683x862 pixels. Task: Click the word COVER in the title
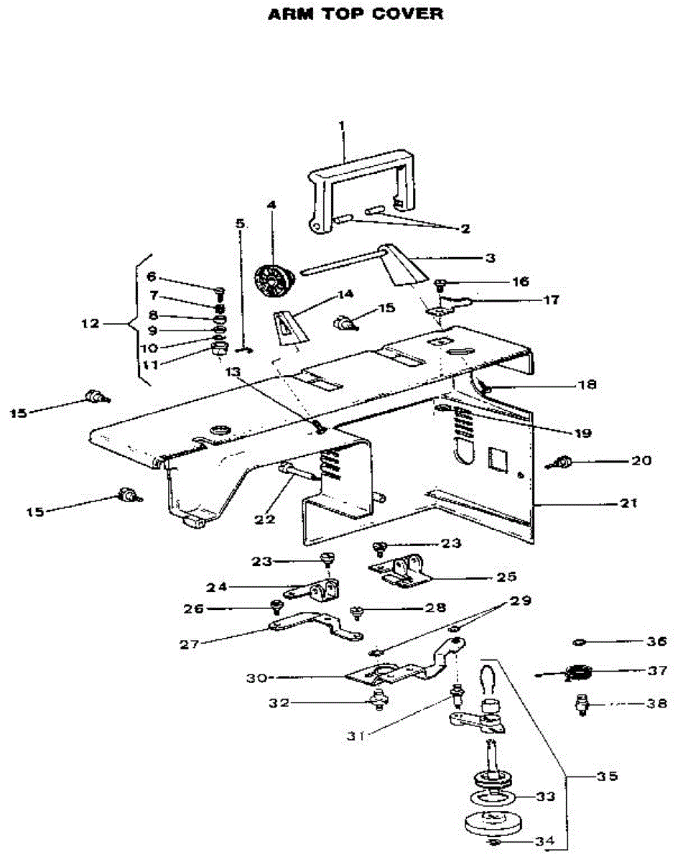[407, 14]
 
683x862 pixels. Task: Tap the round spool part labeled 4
[275, 280]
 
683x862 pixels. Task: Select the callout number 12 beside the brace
[90, 323]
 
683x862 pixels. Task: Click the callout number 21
[628, 503]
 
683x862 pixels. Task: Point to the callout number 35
[608, 777]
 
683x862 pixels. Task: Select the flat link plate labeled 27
[317, 625]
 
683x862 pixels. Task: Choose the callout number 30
[257, 678]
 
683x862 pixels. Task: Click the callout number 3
[491, 258]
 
